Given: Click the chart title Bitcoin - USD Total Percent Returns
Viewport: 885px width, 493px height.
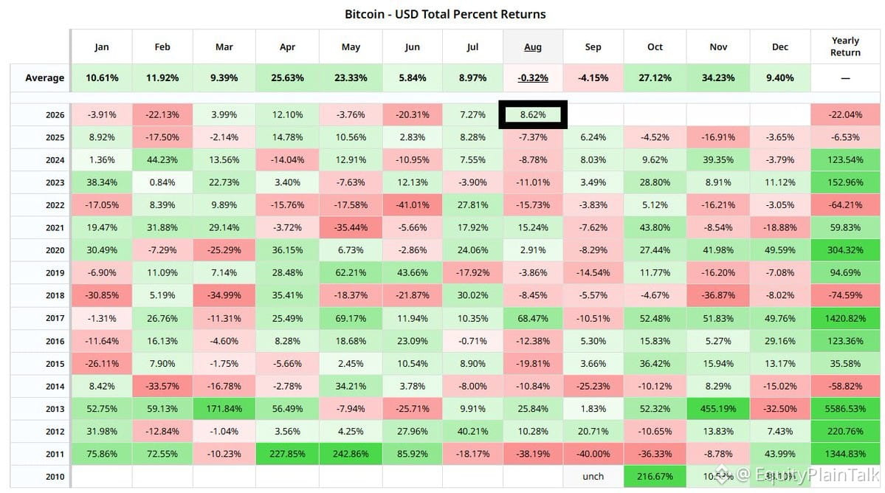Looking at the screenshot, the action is (x=445, y=14).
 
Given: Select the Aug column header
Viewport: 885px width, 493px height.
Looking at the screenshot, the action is (x=533, y=46).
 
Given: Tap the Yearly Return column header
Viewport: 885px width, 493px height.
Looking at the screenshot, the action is (x=845, y=46).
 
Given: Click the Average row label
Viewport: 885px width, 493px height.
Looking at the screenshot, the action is (x=44, y=77).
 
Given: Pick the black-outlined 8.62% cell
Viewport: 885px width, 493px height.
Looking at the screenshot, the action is (x=533, y=114).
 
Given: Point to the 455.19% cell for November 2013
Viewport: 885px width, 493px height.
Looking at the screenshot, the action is (x=718, y=408).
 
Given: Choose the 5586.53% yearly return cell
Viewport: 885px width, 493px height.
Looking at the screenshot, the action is (x=845, y=408).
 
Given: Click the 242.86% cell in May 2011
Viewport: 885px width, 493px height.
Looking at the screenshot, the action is (x=351, y=453).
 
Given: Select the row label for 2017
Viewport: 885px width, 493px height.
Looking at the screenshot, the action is (x=55, y=318).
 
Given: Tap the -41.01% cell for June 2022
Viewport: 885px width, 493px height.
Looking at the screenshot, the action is (x=412, y=204).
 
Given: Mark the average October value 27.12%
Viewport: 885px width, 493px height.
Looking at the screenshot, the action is (x=655, y=77).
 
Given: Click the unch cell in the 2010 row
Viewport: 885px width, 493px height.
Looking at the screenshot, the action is (x=593, y=477).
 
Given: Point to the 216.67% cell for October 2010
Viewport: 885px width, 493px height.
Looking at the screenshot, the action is (x=655, y=477).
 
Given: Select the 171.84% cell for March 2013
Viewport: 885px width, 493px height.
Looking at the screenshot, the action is (x=224, y=408).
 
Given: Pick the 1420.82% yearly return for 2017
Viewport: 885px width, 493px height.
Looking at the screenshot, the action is (x=845, y=318).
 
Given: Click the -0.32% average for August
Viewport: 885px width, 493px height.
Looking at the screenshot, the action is (x=533, y=77).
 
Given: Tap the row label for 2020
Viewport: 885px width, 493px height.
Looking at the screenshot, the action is (x=55, y=250).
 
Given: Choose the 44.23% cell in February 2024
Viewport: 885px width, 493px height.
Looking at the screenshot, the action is (x=162, y=159).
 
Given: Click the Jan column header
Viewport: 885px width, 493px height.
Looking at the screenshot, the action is (x=102, y=46).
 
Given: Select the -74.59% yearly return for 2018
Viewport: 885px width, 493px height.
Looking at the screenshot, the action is (x=845, y=295).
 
